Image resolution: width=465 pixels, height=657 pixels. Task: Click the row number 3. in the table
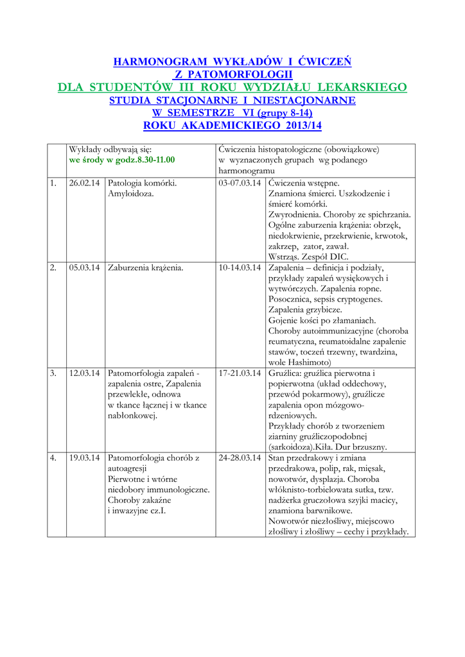point(54,373)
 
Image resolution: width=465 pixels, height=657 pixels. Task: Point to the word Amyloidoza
point(131,193)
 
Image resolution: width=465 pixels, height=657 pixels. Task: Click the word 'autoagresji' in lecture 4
point(128,468)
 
